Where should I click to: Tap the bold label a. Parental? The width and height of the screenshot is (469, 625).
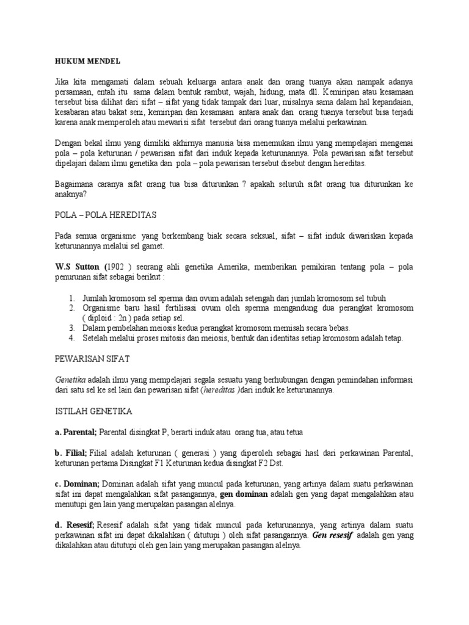pos(76,432)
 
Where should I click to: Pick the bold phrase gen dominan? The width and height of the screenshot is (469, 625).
pos(244,494)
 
